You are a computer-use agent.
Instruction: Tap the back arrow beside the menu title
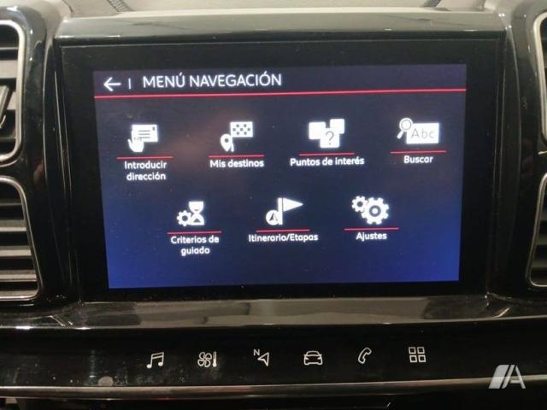[x=112, y=84]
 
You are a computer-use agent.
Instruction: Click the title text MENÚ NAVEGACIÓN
[x=212, y=81]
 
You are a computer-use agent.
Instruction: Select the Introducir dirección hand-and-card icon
[x=143, y=138]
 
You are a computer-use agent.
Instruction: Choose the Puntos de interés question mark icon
[x=326, y=133]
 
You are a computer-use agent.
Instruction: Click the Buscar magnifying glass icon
[x=418, y=131]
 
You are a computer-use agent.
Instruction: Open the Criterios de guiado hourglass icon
[x=191, y=214]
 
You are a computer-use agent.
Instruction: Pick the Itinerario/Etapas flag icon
[x=283, y=211]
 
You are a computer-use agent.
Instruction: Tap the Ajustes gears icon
[x=370, y=210]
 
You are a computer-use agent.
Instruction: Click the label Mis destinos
[x=237, y=163]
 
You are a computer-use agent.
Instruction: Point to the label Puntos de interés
[x=326, y=161]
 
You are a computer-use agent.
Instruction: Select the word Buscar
[x=418, y=160]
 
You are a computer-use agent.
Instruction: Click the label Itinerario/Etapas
[x=283, y=237]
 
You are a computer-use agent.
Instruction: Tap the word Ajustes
[x=371, y=236]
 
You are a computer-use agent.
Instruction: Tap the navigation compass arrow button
[x=262, y=358]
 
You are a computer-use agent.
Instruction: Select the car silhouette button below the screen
[x=313, y=358]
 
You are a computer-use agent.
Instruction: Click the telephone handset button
[x=365, y=356]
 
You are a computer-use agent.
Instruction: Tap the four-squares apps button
[x=417, y=354]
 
